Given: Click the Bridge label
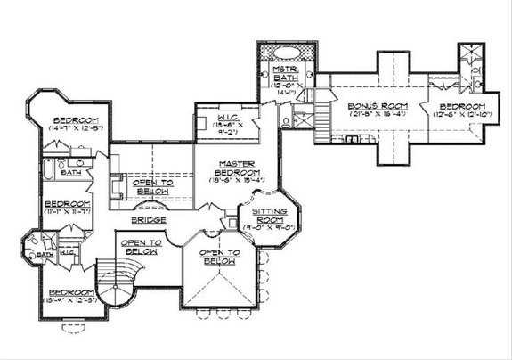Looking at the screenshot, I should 145,218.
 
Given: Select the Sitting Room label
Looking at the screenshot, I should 259,214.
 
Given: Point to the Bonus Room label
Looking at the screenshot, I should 365,106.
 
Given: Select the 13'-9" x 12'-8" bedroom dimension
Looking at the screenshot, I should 70,300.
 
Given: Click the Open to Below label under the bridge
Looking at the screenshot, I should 141,247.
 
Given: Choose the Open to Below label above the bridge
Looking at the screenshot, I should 152,185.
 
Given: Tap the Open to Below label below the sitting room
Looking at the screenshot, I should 217,257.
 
